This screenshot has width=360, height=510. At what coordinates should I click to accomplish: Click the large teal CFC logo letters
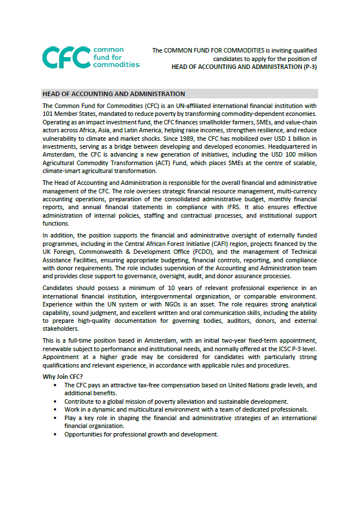(x=66, y=57)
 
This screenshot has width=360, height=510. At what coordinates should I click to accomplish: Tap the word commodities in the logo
(x=116, y=65)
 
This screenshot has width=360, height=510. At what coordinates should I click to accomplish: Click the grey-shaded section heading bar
(x=180, y=93)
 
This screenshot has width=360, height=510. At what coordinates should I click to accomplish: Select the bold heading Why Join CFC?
(x=63, y=377)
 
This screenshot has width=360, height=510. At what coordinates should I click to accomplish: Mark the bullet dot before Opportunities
(x=55, y=434)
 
